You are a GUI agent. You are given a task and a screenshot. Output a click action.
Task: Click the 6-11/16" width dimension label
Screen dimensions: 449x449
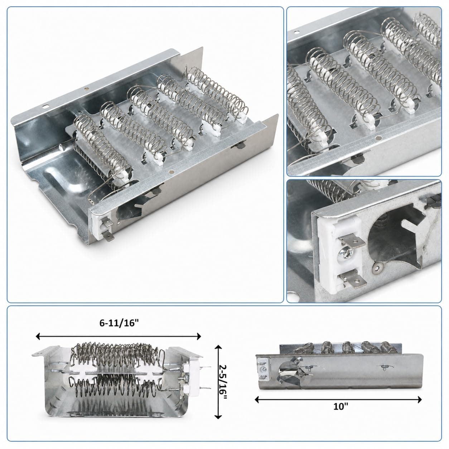click(x=119, y=324)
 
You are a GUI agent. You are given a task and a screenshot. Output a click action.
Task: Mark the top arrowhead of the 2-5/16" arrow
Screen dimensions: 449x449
click(x=218, y=348)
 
